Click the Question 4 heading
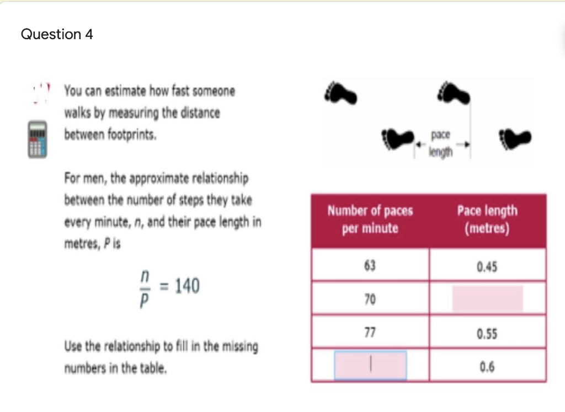(x=57, y=34)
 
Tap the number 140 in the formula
(x=187, y=286)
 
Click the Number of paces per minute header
(x=370, y=220)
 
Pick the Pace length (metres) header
(x=487, y=220)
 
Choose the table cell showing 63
(x=370, y=266)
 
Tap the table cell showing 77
(x=370, y=333)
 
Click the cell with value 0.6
(x=487, y=366)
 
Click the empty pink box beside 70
(x=487, y=299)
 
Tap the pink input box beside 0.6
(x=370, y=365)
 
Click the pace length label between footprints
(x=441, y=143)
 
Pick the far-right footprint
(x=516, y=138)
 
